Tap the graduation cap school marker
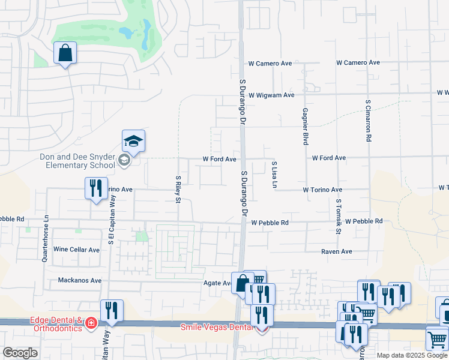pos(133,141)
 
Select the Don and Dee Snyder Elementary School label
pos(78,161)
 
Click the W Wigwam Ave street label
pos(271,95)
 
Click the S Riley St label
pos(178,189)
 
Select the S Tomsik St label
pos(339,217)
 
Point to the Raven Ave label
pos(336,252)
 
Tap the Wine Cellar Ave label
pos(76,250)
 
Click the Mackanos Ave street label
pos(80,280)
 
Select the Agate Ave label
pos(218,283)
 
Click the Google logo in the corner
pos(20,353)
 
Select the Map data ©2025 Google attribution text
pos(412,355)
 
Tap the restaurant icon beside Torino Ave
pos(96,188)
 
